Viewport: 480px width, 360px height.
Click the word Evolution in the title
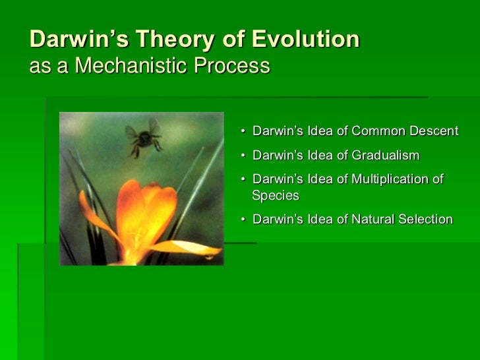pyautogui.click(x=305, y=39)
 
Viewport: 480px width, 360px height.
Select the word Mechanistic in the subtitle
pyautogui.click(x=131, y=65)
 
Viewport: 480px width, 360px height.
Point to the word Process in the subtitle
pyautogui.click(x=231, y=65)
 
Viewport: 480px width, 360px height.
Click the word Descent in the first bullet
pyautogui.click(x=434, y=131)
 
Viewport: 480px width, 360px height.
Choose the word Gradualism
pyautogui.click(x=386, y=155)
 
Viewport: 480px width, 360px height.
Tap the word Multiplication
pyautogui.click(x=390, y=179)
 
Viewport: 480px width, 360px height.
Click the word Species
pyautogui.click(x=276, y=196)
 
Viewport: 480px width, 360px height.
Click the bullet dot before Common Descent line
pyautogui.click(x=243, y=131)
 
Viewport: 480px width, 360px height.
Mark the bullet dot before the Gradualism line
pyautogui.click(x=243, y=156)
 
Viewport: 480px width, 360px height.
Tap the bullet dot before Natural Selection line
pyautogui.click(x=243, y=220)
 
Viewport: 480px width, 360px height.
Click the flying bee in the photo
pyautogui.click(x=144, y=138)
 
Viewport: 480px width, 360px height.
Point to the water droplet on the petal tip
pyautogui.click(x=210, y=257)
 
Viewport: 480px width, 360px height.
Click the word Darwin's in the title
pyautogui.click(x=79, y=39)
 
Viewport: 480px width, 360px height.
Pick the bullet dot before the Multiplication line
pyautogui.click(x=243, y=179)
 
